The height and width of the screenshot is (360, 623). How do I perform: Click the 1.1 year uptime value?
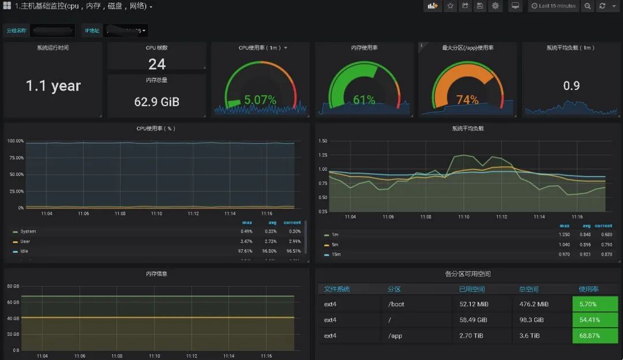pyautogui.click(x=53, y=86)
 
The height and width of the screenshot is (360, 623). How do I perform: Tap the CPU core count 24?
pyautogui.click(x=156, y=64)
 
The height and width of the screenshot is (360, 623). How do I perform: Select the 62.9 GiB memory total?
pyautogui.click(x=156, y=102)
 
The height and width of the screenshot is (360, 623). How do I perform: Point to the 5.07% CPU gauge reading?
pyautogui.click(x=260, y=100)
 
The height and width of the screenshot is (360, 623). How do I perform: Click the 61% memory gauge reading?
pyautogui.click(x=364, y=100)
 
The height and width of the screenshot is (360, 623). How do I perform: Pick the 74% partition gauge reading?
pyautogui.click(x=467, y=100)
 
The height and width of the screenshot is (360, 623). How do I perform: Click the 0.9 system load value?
pyautogui.click(x=571, y=86)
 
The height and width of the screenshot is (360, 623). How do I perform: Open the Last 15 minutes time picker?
pyautogui.click(x=553, y=6)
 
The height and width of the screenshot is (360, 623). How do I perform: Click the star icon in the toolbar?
pyautogui.click(x=450, y=6)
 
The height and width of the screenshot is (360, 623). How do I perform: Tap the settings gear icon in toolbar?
pyautogui.click(x=495, y=6)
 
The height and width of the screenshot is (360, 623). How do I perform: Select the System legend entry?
pyautogui.click(x=28, y=231)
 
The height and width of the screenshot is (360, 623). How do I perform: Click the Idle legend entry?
pyautogui.click(x=24, y=251)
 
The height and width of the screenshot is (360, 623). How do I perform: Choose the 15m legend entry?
pyautogui.click(x=336, y=254)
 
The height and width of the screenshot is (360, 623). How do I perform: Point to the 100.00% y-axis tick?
pyautogui.click(x=16, y=141)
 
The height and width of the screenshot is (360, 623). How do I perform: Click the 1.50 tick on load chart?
pyautogui.click(x=323, y=141)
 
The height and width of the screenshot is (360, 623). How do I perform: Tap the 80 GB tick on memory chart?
pyautogui.click(x=13, y=286)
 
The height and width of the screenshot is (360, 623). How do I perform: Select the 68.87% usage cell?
pyautogui.click(x=594, y=335)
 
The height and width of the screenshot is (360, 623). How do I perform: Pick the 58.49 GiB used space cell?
pyautogui.click(x=473, y=320)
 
